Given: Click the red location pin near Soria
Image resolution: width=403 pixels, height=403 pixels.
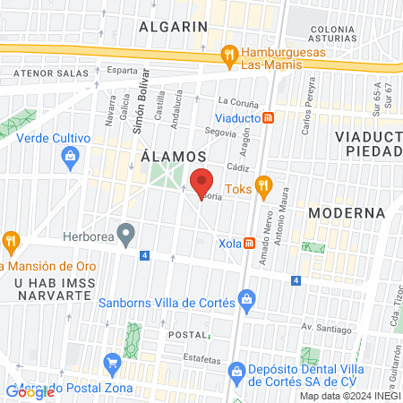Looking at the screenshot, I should coord(201,183).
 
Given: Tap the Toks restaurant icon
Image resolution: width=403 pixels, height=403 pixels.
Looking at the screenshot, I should coord(262,188).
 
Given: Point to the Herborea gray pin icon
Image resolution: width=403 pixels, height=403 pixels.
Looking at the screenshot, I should coord(126,236).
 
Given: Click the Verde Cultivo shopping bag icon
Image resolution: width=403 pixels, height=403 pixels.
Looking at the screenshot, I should coord(70,158).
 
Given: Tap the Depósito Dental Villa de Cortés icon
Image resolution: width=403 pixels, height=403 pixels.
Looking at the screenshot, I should coord(236,370).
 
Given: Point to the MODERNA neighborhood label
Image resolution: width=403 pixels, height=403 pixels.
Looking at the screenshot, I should coord(346,213).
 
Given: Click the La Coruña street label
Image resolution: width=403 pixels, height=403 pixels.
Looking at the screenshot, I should coord(236,101).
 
